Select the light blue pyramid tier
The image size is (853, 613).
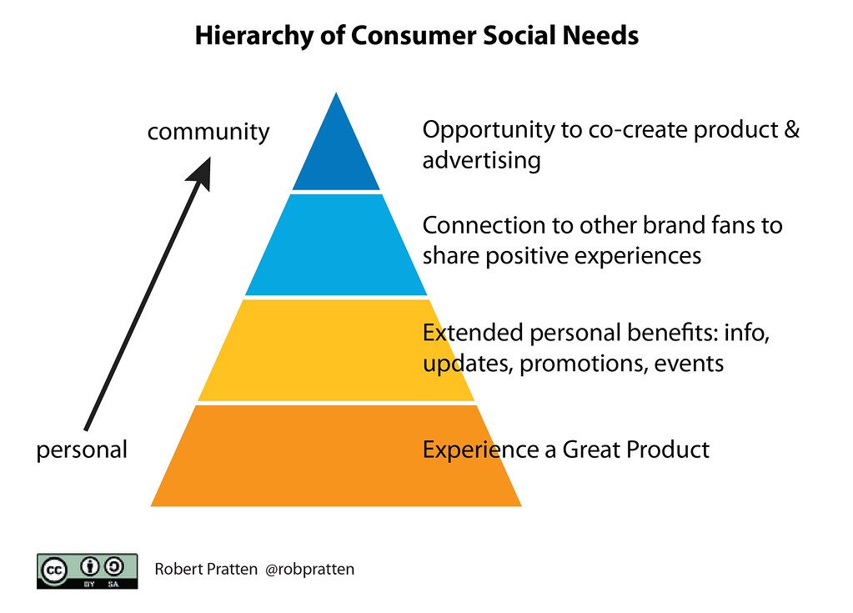coord(336,246)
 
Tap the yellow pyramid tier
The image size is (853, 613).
coord(336,350)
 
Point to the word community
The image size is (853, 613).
coord(208,132)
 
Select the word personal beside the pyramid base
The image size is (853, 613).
coord(82,450)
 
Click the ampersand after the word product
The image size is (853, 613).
coord(791,130)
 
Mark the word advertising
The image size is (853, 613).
coord(481,160)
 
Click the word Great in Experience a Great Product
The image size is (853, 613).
coord(591,450)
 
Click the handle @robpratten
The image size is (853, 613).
coord(309,570)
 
